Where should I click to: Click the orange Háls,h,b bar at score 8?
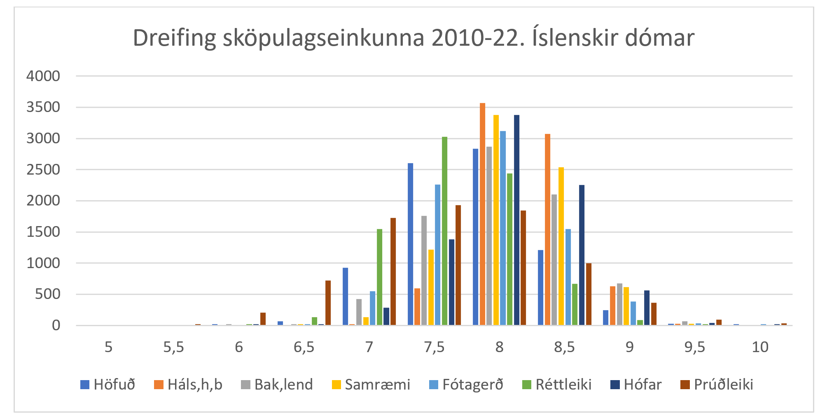tap(482, 214)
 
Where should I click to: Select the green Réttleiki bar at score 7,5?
tap(444, 231)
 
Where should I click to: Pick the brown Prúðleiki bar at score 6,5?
tap(328, 303)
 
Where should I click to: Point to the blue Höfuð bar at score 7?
tap(345, 297)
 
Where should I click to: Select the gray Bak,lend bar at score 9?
tap(619, 304)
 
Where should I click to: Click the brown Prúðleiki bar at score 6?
tap(263, 319)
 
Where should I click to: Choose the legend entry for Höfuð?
tap(108, 385)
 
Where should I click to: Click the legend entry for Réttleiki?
tap(557, 385)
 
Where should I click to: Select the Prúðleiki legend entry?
tap(717, 385)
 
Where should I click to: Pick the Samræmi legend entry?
tap(371, 385)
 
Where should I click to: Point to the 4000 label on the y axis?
tap(43, 76)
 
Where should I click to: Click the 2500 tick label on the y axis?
tap(43, 170)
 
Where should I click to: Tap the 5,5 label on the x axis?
tap(173, 347)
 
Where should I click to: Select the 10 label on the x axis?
tap(760, 347)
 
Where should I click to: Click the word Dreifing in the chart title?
tap(174, 38)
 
